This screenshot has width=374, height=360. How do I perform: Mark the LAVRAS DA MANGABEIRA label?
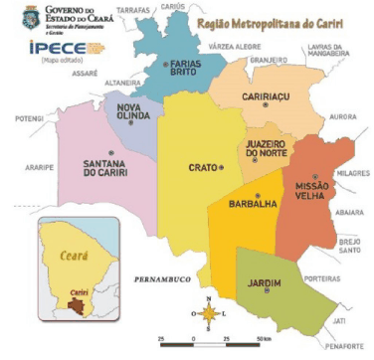point(330,52)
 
